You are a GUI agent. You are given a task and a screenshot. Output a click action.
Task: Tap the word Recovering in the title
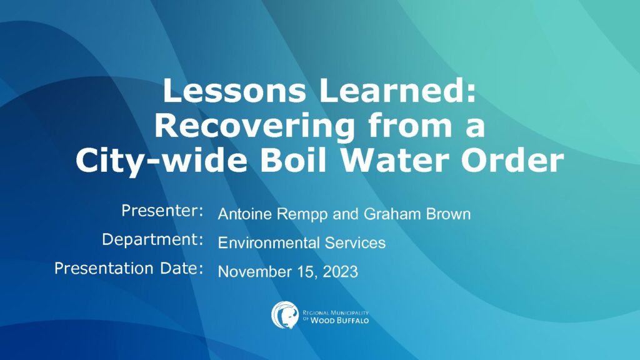[x=254, y=126]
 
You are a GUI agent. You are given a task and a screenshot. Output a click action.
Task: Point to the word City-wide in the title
[x=161, y=161]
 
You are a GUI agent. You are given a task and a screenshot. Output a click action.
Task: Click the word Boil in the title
[x=294, y=159]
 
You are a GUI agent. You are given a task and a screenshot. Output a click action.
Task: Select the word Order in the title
[x=513, y=159]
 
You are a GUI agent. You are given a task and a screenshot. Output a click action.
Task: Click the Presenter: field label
[x=162, y=211]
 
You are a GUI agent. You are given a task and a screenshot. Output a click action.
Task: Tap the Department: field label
[x=152, y=239]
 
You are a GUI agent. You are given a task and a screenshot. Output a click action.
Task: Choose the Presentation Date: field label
[x=129, y=268]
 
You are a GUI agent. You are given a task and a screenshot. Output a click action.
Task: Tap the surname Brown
[x=448, y=214]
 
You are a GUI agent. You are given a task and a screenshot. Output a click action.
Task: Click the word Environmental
[x=269, y=243]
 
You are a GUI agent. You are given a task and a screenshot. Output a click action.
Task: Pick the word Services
[x=355, y=243]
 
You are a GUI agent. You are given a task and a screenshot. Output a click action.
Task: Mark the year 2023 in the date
[x=341, y=272]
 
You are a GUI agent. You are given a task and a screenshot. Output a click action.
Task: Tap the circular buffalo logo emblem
[x=285, y=315]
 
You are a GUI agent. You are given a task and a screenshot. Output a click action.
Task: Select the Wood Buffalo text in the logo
[x=339, y=321]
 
